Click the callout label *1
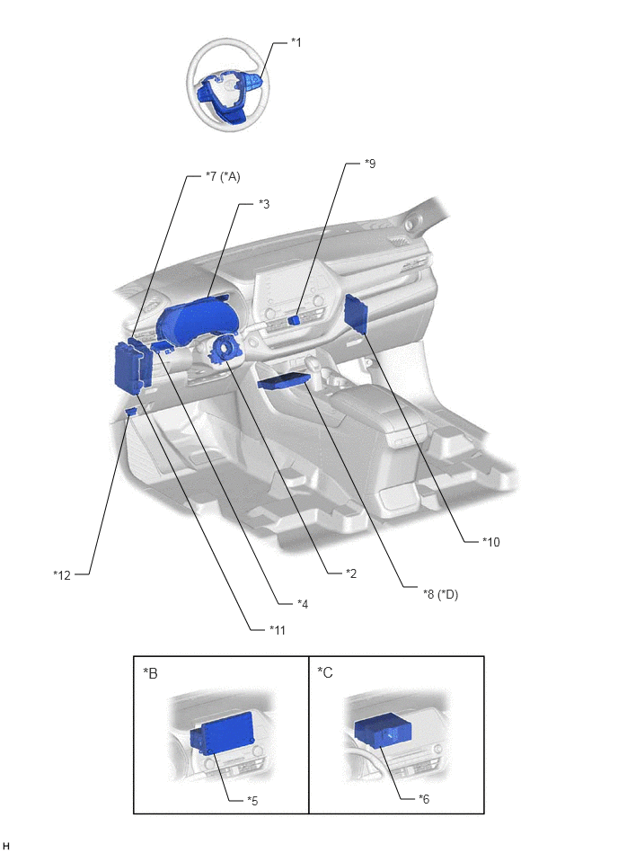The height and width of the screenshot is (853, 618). pyautogui.click(x=296, y=42)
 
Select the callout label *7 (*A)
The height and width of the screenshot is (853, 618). pyautogui.click(x=223, y=176)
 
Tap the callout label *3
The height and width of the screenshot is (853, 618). pyautogui.click(x=263, y=204)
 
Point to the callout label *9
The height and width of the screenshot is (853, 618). pyautogui.click(x=369, y=164)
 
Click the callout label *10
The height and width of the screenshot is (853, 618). pyautogui.click(x=490, y=542)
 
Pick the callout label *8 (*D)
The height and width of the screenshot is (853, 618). pyautogui.click(x=440, y=594)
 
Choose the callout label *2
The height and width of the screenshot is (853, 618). pyautogui.click(x=351, y=573)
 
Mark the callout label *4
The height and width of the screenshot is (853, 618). pyautogui.click(x=303, y=604)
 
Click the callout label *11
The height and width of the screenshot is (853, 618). pyautogui.click(x=278, y=630)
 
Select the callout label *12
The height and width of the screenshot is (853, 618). pyautogui.click(x=62, y=575)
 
